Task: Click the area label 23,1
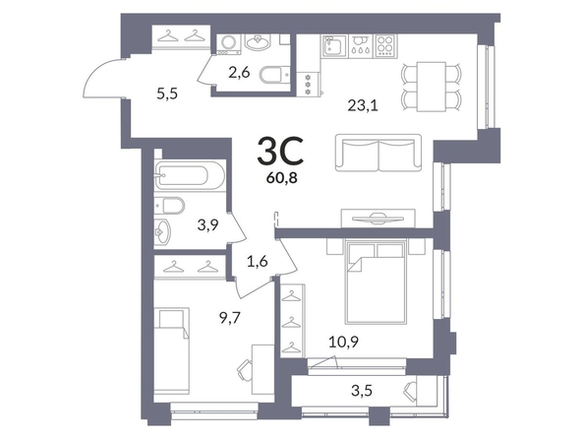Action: (363, 106)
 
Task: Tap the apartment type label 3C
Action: (280, 151)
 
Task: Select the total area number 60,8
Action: (281, 179)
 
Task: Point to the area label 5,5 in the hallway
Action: (167, 94)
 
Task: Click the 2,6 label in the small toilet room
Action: (239, 73)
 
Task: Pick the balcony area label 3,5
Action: (362, 391)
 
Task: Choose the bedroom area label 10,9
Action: (343, 342)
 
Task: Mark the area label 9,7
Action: (230, 318)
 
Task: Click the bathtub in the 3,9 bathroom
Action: (189, 175)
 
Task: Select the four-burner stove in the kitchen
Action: (385, 45)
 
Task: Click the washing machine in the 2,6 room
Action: (225, 44)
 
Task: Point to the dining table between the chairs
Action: (432, 87)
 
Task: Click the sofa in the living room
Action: (379, 153)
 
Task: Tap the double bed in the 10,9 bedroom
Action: (376, 282)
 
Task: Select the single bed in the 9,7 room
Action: (172, 351)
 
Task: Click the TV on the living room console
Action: (379, 219)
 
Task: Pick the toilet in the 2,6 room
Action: (275, 75)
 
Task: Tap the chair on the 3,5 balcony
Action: (410, 391)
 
